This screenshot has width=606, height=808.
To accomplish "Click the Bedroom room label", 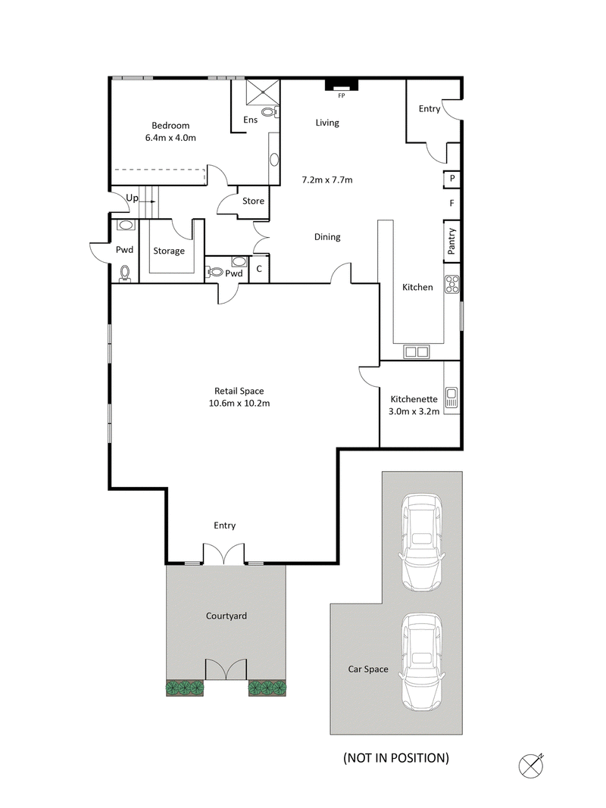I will [170, 126].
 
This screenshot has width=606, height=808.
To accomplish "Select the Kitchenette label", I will [414, 399].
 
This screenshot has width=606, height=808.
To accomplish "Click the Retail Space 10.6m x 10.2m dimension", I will [239, 403].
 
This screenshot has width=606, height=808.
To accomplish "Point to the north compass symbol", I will [532, 764].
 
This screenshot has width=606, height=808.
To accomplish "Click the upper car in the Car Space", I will [422, 542].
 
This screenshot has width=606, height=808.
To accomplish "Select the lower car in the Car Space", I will [422, 660].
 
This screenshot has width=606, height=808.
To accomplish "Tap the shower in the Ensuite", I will [263, 93].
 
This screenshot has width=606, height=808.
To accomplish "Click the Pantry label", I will [452, 241].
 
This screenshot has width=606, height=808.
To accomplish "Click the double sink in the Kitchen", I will [416, 351].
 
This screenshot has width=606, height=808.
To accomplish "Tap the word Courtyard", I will [226, 616].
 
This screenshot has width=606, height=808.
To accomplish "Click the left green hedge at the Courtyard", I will [186, 688].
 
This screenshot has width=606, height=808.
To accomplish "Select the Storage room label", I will [169, 251].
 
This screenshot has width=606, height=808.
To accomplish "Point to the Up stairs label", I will [133, 198].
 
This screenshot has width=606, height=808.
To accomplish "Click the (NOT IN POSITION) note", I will [396, 757].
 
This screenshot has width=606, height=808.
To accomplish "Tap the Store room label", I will [253, 201].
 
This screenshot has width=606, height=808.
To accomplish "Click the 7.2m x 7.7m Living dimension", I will [327, 180].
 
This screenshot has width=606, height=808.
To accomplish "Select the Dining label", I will [327, 237].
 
